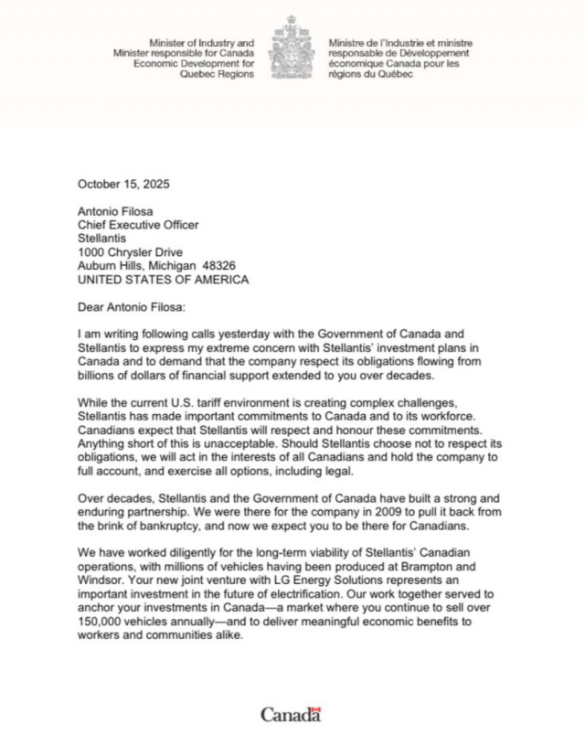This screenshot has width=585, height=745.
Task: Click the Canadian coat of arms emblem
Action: pos(292,48)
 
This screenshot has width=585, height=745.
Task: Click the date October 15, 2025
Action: pos(123,184)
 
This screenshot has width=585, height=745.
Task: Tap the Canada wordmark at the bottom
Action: pos(291,714)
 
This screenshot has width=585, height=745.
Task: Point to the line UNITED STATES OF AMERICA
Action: pos(163,279)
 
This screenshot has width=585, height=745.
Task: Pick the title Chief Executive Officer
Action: pos(137,224)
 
